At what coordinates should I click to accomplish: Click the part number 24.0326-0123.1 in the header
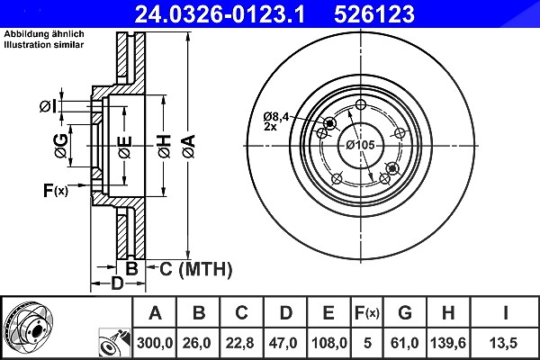click(x=220, y=14)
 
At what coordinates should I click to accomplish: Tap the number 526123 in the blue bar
click(x=374, y=14)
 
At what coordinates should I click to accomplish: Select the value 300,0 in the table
click(x=155, y=343)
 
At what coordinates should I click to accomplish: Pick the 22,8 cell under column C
click(x=239, y=343)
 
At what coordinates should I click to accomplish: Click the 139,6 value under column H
click(x=448, y=343)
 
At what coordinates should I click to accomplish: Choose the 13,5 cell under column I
click(x=503, y=343)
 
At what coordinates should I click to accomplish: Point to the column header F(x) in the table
click(x=367, y=313)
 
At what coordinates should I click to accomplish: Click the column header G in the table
click(x=405, y=313)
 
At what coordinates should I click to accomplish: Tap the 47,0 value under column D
click(x=283, y=343)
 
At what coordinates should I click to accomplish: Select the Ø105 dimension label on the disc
click(x=360, y=145)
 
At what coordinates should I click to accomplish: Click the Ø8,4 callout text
click(x=276, y=117)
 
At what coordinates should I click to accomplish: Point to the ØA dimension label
click(x=189, y=146)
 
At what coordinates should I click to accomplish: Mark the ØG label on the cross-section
click(x=61, y=146)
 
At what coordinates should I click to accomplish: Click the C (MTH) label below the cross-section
click(x=195, y=269)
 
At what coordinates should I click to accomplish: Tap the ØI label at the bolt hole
click(x=48, y=106)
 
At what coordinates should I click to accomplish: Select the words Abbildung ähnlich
click(x=44, y=34)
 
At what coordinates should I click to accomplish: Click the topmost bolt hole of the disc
click(x=361, y=104)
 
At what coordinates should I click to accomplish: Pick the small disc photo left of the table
click(x=28, y=325)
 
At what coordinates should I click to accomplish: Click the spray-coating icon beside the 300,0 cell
click(x=115, y=343)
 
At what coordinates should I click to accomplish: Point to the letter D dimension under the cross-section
click(x=117, y=283)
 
